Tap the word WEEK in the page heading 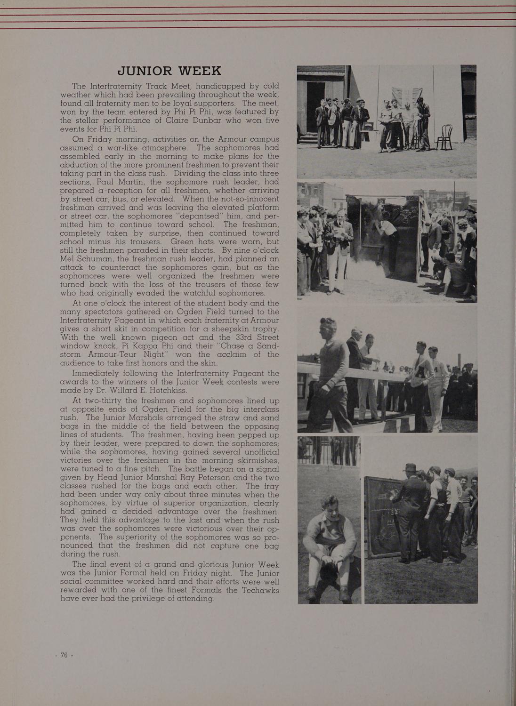[x=199, y=71]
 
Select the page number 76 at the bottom [x=64, y=655]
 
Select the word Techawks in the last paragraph [x=260, y=590]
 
